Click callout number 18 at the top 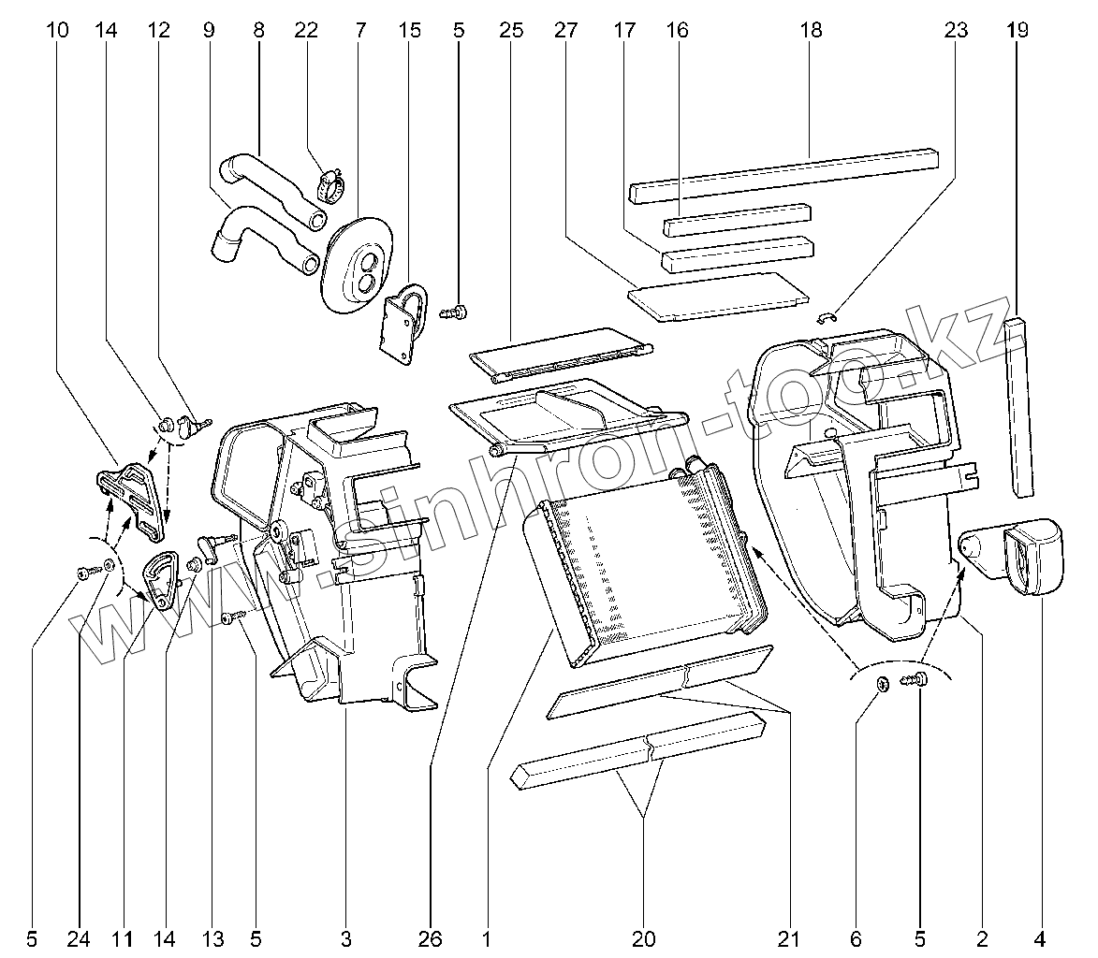click(811, 30)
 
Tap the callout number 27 click(565, 30)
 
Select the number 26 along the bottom click(432, 937)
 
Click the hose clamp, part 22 click(328, 183)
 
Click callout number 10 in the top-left click(56, 30)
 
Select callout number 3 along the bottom click(345, 937)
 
